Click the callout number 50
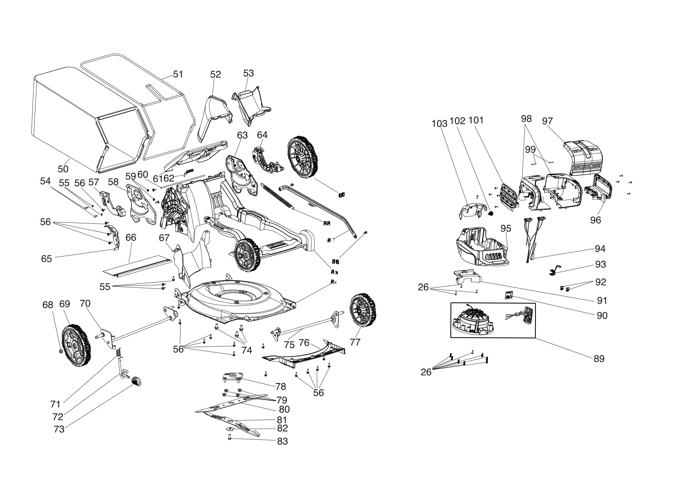click(63, 169)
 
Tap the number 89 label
click(599, 359)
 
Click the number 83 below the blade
click(282, 441)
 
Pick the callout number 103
click(439, 123)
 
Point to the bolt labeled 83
click(229, 437)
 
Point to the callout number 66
click(131, 238)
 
